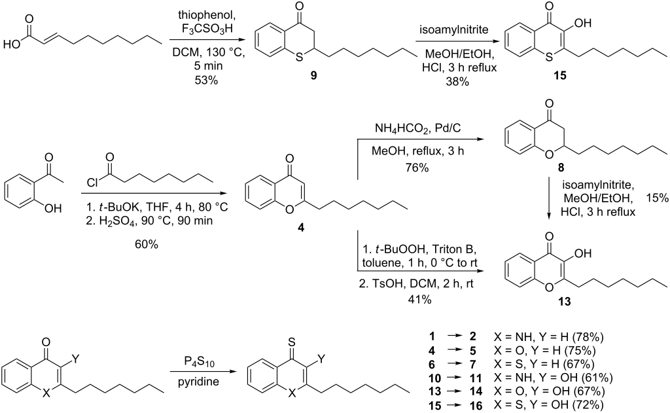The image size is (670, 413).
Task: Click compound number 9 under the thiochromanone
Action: [x=313, y=76]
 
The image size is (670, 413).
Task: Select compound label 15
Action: [x=559, y=76]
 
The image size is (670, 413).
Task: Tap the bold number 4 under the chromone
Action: [x=301, y=228]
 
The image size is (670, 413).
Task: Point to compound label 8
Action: [x=561, y=168]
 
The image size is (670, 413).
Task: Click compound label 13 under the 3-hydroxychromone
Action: [x=564, y=302]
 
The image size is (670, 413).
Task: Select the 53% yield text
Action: [x=206, y=80]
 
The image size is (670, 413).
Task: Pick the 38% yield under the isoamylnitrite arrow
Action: [x=457, y=81]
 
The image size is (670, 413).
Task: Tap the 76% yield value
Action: [x=417, y=168]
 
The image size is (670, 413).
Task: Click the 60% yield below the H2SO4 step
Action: [x=147, y=245]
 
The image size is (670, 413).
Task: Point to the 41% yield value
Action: [x=419, y=299]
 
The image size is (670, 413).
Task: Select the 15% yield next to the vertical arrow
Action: [x=657, y=198]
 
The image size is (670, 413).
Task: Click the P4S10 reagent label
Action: [x=199, y=363]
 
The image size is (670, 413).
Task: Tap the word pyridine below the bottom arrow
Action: [x=199, y=381]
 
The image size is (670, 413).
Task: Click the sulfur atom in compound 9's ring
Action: [x=299, y=58]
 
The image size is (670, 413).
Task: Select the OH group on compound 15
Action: [x=582, y=23]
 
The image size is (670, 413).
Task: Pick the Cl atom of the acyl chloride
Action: [x=92, y=183]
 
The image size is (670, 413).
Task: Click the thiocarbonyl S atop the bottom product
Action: [x=292, y=342]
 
